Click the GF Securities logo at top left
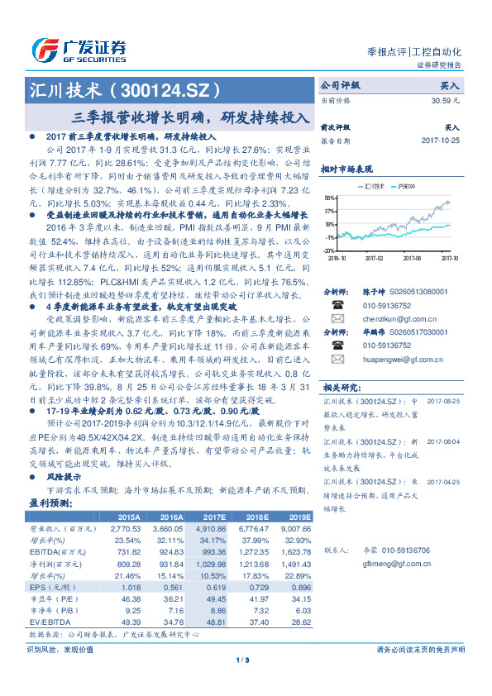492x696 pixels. (x=79, y=50)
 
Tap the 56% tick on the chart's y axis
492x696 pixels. (x=330, y=198)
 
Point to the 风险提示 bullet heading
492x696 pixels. (x=64, y=478)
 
